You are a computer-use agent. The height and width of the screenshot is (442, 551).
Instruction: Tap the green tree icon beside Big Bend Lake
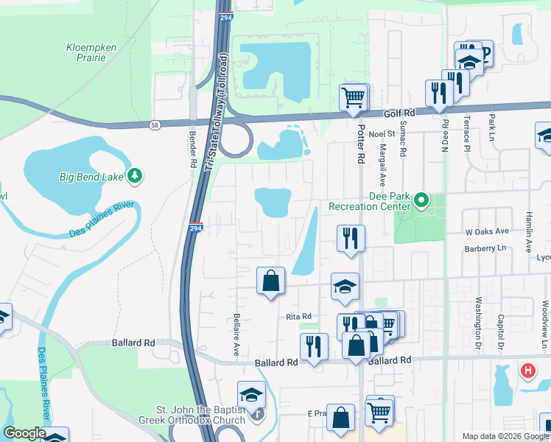(134, 176)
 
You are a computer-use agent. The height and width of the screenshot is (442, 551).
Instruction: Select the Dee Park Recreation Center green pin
(421, 200)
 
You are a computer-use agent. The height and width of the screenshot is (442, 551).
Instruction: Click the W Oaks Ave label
(488, 231)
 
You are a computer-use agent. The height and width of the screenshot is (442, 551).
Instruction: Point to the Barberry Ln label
(486, 249)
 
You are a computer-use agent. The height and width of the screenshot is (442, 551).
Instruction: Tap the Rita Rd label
(299, 316)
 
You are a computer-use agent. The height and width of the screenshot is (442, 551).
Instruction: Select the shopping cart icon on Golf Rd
(354, 97)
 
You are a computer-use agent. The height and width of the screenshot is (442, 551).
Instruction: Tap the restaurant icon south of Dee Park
(350, 238)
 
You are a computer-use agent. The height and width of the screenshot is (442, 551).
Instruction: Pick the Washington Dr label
(478, 323)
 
